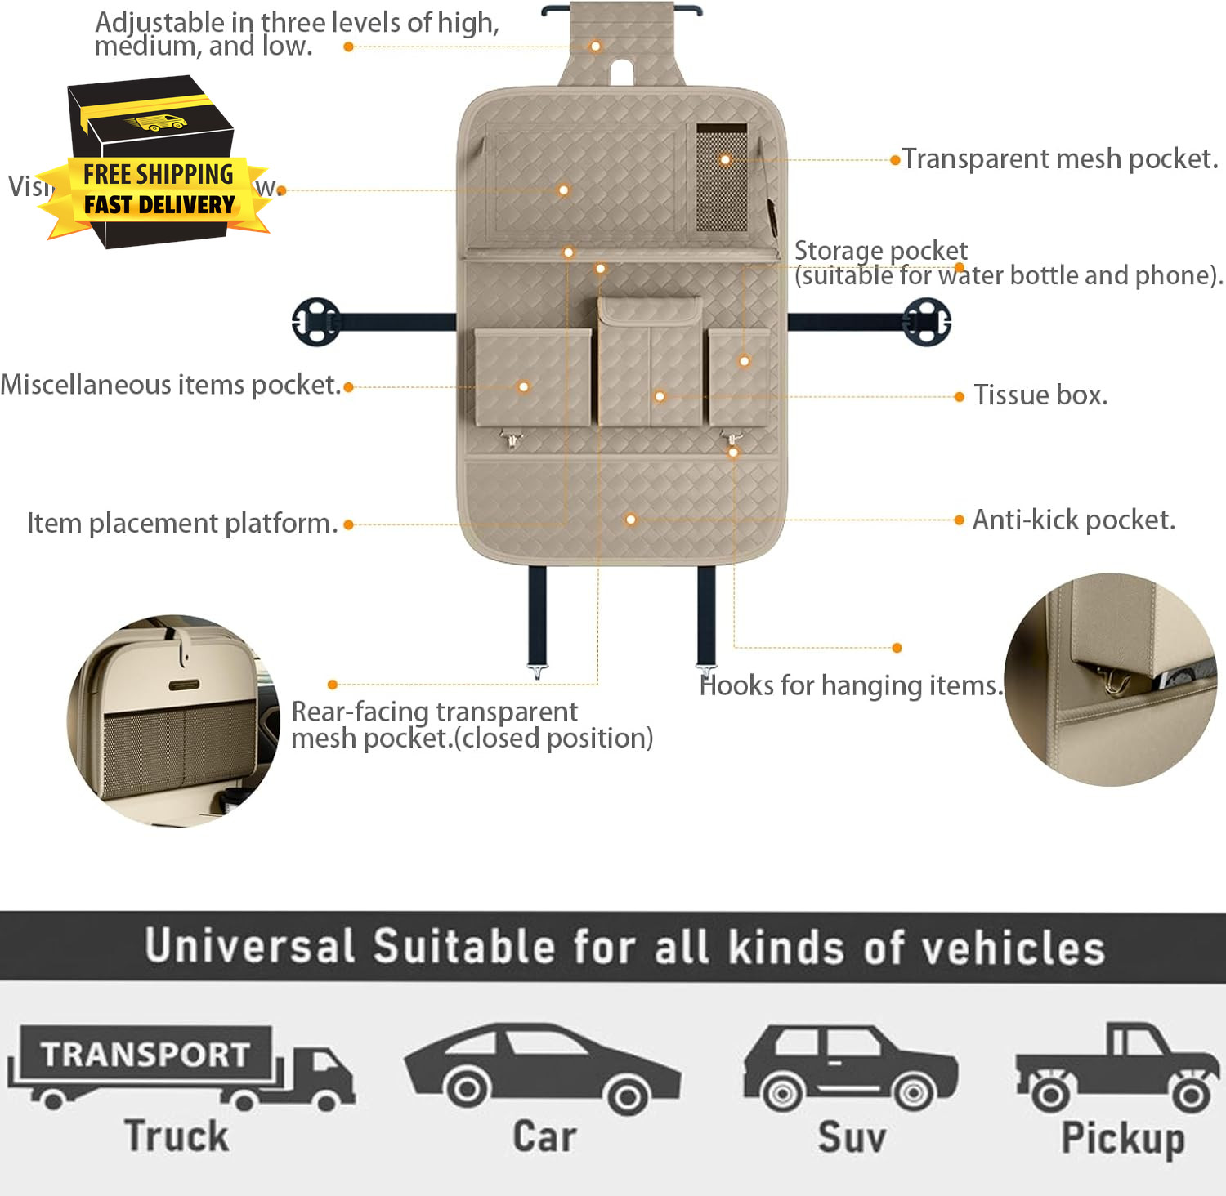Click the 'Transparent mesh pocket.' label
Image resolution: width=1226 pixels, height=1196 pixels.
pyautogui.click(x=1060, y=158)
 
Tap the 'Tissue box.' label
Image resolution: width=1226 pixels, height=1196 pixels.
pyautogui.click(x=1040, y=395)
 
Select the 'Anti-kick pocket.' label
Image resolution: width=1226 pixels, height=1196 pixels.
pyautogui.click(x=1073, y=520)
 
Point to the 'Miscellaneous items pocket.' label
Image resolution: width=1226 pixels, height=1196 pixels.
pyautogui.click(x=170, y=385)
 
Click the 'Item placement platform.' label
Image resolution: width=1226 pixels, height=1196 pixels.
pyautogui.click(x=182, y=523)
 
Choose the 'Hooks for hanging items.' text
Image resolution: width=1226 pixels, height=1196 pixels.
pyautogui.click(x=850, y=685)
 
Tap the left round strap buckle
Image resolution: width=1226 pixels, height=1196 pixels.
pyautogui.click(x=315, y=322)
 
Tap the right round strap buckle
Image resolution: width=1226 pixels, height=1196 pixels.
pyautogui.click(x=927, y=322)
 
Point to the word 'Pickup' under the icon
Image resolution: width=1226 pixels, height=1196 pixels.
pyautogui.click(x=1122, y=1138)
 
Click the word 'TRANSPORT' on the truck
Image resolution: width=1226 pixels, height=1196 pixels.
pyautogui.click(x=145, y=1054)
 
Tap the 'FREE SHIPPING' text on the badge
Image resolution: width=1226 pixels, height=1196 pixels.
pyautogui.click(x=159, y=174)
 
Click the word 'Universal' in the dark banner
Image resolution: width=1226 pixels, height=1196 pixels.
pyautogui.click(x=249, y=946)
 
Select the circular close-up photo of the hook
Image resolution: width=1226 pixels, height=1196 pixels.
pyautogui.click(x=1111, y=680)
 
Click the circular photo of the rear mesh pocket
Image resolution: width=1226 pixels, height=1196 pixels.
pyautogui.click(x=173, y=721)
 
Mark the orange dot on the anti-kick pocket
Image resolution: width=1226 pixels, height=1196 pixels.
pyautogui.click(x=630, y=520)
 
